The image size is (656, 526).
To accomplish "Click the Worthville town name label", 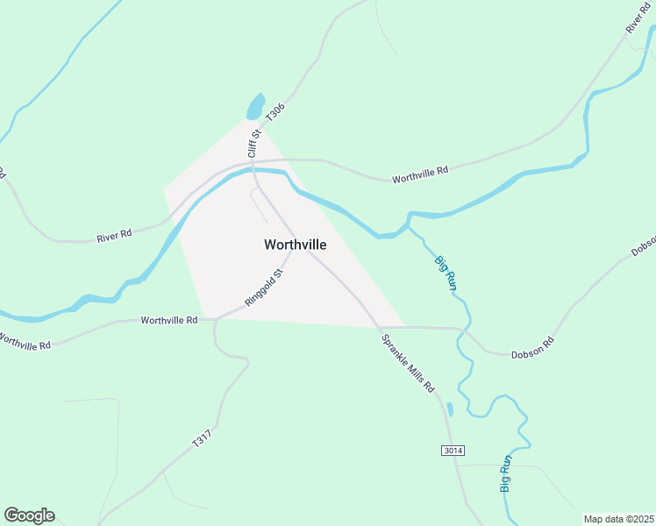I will pos(295,245).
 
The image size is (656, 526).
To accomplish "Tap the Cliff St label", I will pos(253,144).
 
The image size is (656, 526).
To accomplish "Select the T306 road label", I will pos(275,112).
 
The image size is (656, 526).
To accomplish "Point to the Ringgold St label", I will pos(265,288).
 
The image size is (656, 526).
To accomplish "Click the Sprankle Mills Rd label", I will pos(408,361).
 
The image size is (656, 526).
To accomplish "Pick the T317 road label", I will pos(203,439).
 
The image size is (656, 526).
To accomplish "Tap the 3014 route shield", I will pos(452,451).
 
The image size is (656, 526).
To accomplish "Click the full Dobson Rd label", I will pos(532,348).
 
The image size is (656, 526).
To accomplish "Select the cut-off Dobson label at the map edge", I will pos(643,245).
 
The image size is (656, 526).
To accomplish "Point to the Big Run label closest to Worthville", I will pos(446,273).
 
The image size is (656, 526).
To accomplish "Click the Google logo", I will pos(30,515).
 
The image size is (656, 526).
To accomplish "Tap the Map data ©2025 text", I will pos(618,519).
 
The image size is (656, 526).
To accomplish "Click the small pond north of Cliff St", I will pos(255,107).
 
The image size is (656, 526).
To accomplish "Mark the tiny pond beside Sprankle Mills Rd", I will pos(450,409).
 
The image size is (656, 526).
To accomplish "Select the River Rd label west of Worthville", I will pos(114,235).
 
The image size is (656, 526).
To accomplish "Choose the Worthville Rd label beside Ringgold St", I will pos(169,321).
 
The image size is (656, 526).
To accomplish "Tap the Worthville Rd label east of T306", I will pos(420,174).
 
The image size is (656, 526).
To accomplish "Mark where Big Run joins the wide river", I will pos(409,216).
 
